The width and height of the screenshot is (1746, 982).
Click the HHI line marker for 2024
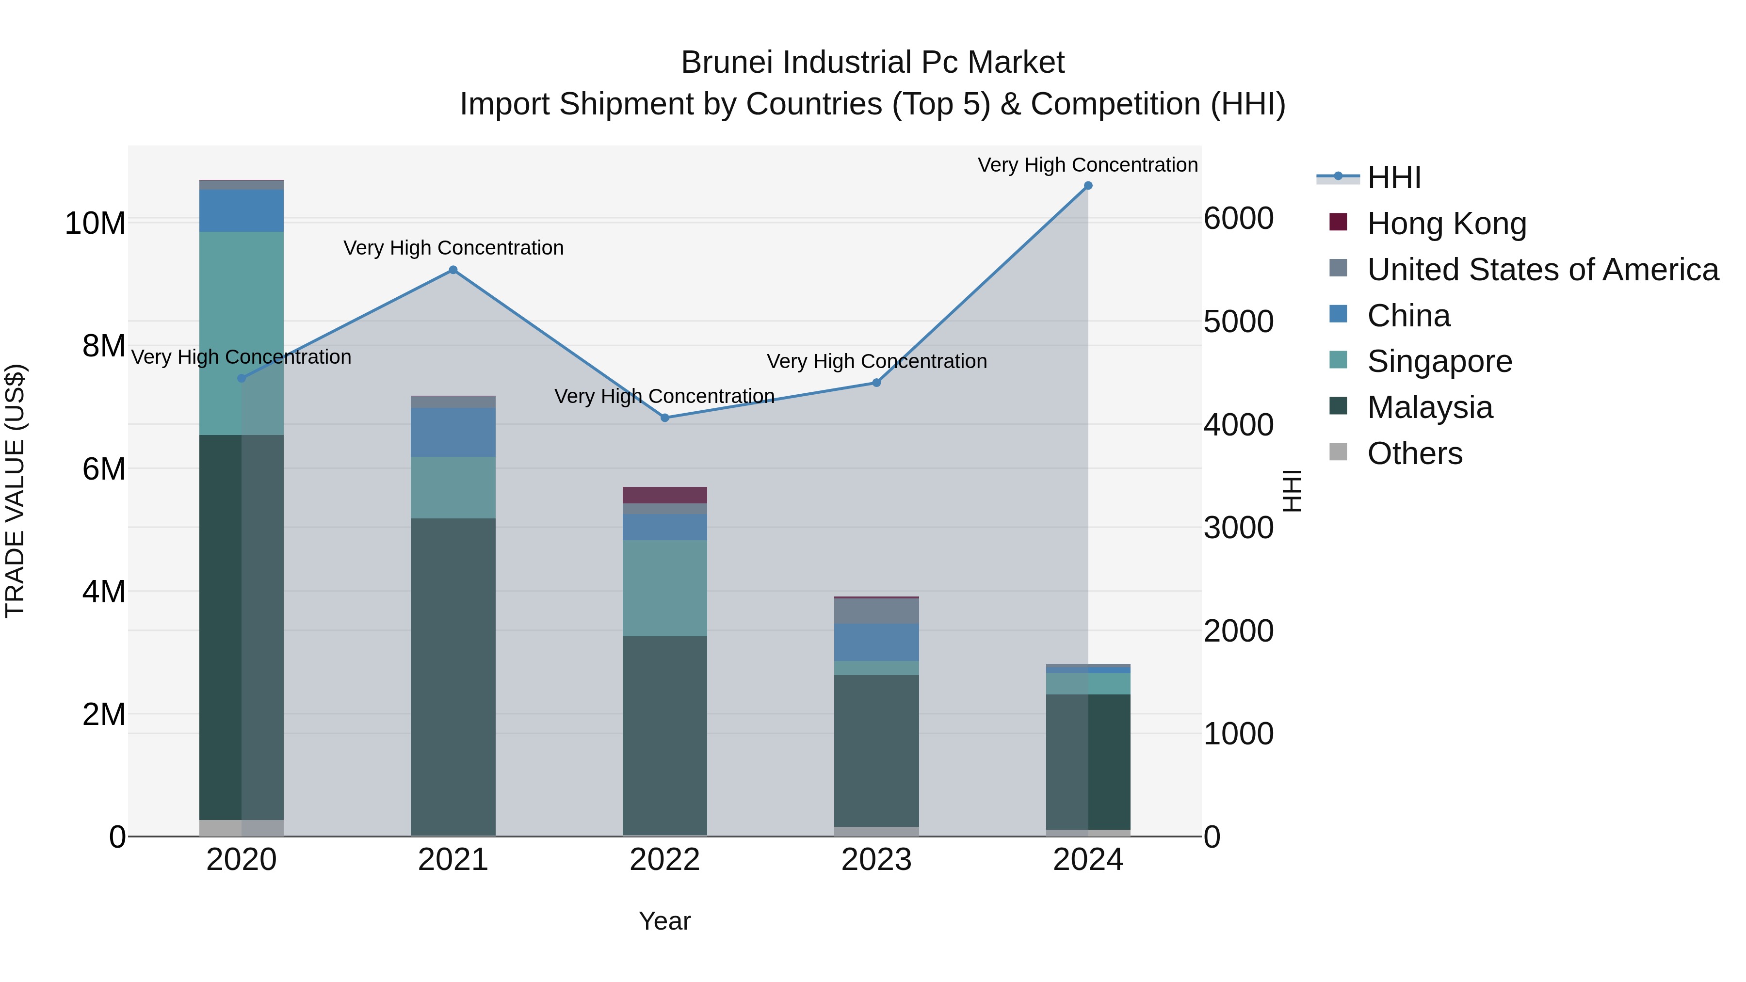(x=1088, y=186)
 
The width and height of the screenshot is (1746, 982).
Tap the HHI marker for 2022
(x=665, y=418)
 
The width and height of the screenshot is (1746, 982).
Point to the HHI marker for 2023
(x=876, y=383)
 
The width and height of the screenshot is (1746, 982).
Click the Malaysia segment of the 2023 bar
(x=876, y=750)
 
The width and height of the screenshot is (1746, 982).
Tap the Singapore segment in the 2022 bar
(x=665, y=588)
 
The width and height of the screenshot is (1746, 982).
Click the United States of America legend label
(x=1543, y=270)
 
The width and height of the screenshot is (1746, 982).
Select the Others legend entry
(x=1415, y=453)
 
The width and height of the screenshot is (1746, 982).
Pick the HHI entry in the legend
(x=1393, y=177)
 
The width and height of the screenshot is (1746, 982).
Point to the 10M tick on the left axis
(x=95, y=223)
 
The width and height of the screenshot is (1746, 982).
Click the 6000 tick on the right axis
(x=1238, y=219)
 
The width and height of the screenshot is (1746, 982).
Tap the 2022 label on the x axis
(x=665, y=860)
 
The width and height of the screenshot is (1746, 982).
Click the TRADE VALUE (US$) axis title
(x=16, y=491)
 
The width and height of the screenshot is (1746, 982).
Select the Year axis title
(x=665, y=921)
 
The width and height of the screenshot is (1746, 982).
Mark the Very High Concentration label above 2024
(x=1087, y=165)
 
